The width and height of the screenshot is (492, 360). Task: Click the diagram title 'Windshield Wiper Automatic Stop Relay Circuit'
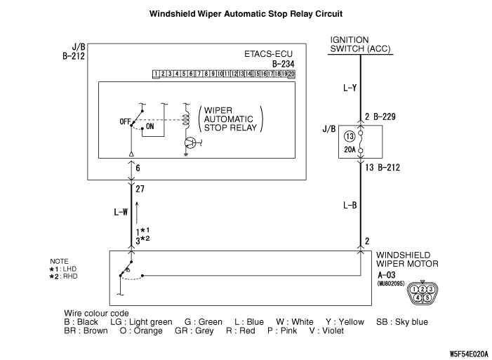pyautogui.click(x=246, y=13)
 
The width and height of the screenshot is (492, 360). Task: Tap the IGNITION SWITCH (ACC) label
pyautogui.click(x=360, y=44)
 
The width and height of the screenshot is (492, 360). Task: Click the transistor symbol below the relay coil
pyautogui.click(x=190, y=143)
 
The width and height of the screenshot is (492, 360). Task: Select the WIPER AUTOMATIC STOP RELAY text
pyautogui.click(x=230, y=120)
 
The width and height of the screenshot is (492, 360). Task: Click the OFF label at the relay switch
pyautogui.click(x=126, y=121)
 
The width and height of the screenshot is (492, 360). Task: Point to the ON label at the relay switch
pyautogui.click(x=150, y=127)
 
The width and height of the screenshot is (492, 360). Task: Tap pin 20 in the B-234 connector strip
pyautogui.click(x=291, y=73)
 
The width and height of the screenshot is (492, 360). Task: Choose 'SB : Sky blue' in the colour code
pyautogui.click(x=401, y=322)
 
